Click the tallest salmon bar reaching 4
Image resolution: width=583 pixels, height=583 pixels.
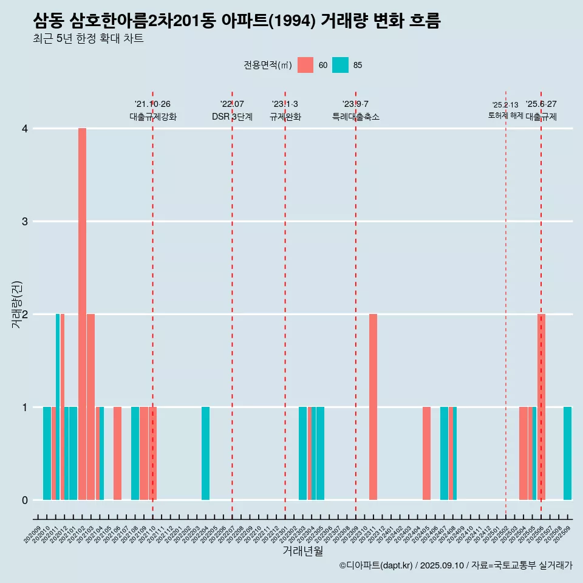tap(82, 314)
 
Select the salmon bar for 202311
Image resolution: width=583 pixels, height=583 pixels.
tap(373, 407)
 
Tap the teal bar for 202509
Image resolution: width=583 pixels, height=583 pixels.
tap(567, 453)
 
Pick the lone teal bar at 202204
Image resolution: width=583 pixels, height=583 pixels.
tap(205, 453)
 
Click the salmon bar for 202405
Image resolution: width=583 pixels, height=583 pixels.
tap(426, 453)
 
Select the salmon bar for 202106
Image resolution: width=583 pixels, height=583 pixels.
tap(117, 453)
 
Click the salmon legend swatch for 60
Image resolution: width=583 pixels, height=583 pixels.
tap(305, 65)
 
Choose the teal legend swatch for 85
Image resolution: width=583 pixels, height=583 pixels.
tap(340, 65)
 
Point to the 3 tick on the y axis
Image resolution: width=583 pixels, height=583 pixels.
tap(25, 222)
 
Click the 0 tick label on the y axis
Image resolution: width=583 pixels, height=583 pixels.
tap(25, 500)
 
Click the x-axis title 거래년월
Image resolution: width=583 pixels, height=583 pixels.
tap(302, 551)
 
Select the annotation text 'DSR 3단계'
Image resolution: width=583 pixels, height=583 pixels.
tap(232, 117)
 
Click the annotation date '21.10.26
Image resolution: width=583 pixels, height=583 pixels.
tap(152, 104)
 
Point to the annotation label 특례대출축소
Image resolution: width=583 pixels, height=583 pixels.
tap(356, 117)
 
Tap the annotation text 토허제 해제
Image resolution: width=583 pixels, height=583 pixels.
tap(505, 115)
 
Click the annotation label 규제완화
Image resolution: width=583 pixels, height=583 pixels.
tap(285, 117)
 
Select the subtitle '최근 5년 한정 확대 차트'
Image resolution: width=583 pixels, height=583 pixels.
tap(88, 39)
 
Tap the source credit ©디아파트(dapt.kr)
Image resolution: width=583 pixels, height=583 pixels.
tap(376, 565)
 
